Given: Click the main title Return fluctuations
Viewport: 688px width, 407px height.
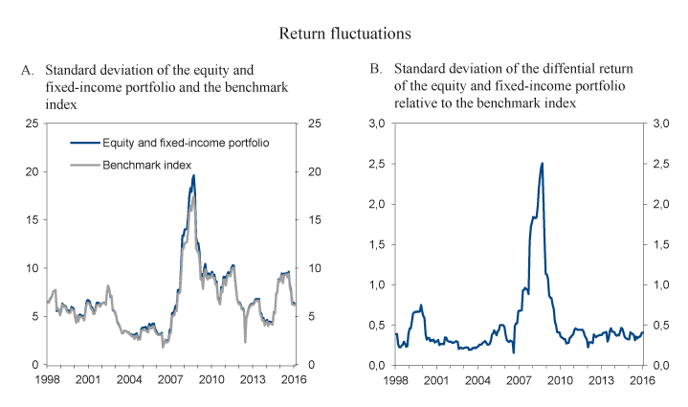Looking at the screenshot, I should (344, 34).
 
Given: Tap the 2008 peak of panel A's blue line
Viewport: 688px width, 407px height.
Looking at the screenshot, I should (193, 175).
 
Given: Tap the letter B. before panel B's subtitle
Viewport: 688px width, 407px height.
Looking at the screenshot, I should (376, 70).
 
